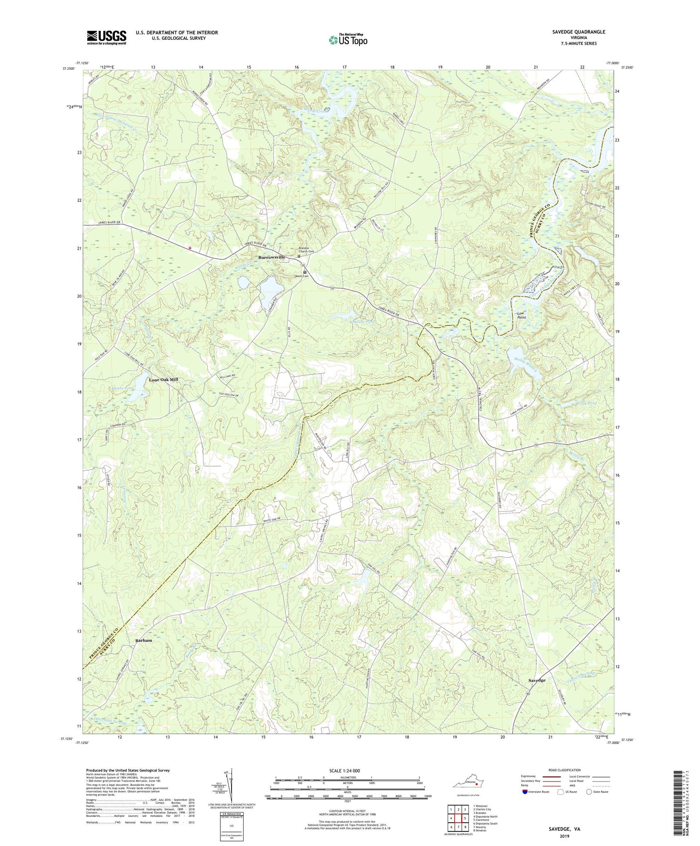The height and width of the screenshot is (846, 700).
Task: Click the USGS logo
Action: pos(107,37)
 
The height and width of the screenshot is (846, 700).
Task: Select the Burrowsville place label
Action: pos(272,257)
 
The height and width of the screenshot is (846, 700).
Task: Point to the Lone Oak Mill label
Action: pos(164,380)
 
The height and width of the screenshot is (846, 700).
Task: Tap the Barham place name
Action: pos(143,640)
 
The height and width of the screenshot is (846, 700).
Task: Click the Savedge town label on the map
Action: pos(537,680)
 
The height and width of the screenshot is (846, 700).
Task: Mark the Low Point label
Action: pos(521,315)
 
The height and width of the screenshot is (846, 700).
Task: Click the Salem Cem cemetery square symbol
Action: pos(305,272)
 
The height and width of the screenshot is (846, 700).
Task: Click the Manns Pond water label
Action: pos(122,388)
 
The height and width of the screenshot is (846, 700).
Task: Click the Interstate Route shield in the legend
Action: pos(525,792)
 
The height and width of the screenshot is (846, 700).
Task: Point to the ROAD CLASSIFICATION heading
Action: pos(564,770)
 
